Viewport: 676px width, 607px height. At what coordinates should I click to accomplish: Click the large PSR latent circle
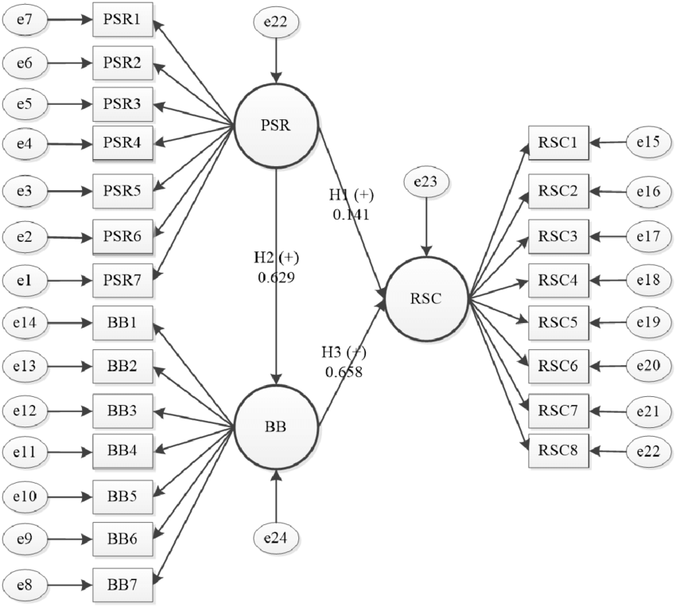coord(276,125)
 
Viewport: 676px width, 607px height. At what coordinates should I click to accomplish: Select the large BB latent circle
coord(276,426)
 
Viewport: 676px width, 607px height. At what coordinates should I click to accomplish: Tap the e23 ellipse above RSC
coord(427,182)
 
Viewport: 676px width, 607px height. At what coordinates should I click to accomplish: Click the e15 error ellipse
coord(648,143)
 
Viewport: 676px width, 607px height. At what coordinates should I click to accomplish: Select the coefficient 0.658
coord(344,370)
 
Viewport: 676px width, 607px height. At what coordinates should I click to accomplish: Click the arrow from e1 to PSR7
coord(68,280)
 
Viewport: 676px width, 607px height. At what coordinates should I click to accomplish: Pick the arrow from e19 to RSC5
coord(608,323)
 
